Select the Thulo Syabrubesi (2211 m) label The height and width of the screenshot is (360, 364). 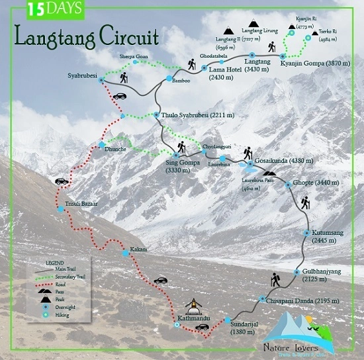click(198, 115)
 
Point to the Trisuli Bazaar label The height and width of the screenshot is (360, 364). click(81, 203)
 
